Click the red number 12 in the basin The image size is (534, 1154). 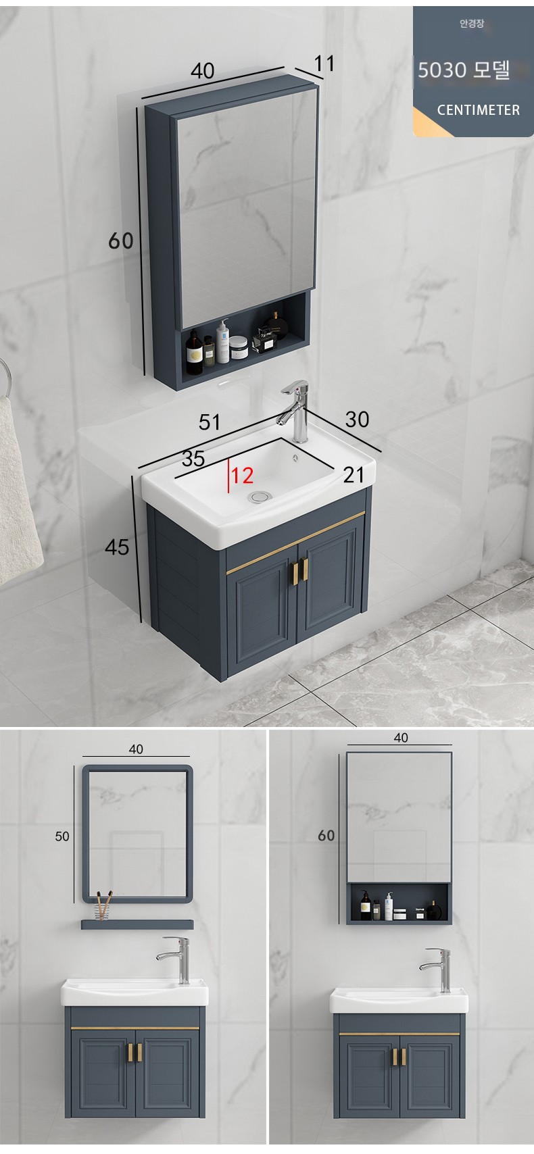pyautogui.click(x=242, y=476)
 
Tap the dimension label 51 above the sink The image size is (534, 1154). pyautogui.click(x=210, y=422)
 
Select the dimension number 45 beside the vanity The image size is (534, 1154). pyautogui.click(x=116, y=547)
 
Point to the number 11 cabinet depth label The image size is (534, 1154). pyautogui.click(x=324, y=64)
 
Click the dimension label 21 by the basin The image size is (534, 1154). pyautogui.click(x=354, y=475)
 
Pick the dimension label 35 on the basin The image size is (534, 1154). pyautogui.click(x=193, y=459)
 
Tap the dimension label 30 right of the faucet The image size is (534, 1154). pyautogui.click(x=357, y=420)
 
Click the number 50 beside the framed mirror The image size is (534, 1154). pyautogui.click(x=62, y=836)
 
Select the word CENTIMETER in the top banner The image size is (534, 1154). pyautogui.click(x=479, y=109)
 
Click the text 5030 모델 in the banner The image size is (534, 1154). pyautogui.click(x=464, y=70)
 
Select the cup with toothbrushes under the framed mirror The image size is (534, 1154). pyautogui.click(x=104, y=905)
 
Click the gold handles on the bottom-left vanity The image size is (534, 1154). pyautogui.click(x=135, y=1053)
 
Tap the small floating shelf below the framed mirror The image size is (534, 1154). pyautogui.click(x=137, y=924)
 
